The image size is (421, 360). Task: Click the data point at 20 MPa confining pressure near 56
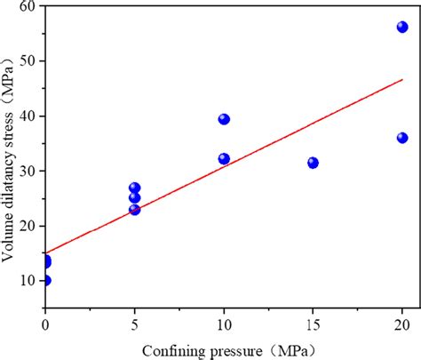coord(401,28)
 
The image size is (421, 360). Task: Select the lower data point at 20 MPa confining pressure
coord(401,138)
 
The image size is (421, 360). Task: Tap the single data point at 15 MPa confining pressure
coord(313,163)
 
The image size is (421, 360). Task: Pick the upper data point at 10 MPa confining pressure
coord(224,119)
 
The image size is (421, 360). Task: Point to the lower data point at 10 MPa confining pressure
coord(224,159)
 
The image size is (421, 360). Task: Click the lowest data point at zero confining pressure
coord(45,280)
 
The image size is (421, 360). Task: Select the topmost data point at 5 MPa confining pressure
coord(134,188)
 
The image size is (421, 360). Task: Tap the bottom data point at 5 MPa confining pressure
coord(134,210)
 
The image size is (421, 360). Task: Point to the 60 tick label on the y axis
coord(28,6)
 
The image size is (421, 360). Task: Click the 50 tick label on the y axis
coord(28,61)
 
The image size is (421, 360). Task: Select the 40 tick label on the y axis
coord(28,116)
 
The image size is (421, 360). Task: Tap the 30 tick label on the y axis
coord(28,171)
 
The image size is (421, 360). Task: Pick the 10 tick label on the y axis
coord(28,281)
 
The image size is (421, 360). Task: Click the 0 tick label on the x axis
coord(45,324)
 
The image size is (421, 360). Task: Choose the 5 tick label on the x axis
coord(134,324)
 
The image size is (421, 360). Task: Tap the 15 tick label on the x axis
coord(313,324)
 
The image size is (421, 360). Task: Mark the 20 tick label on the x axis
coord(401,324)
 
